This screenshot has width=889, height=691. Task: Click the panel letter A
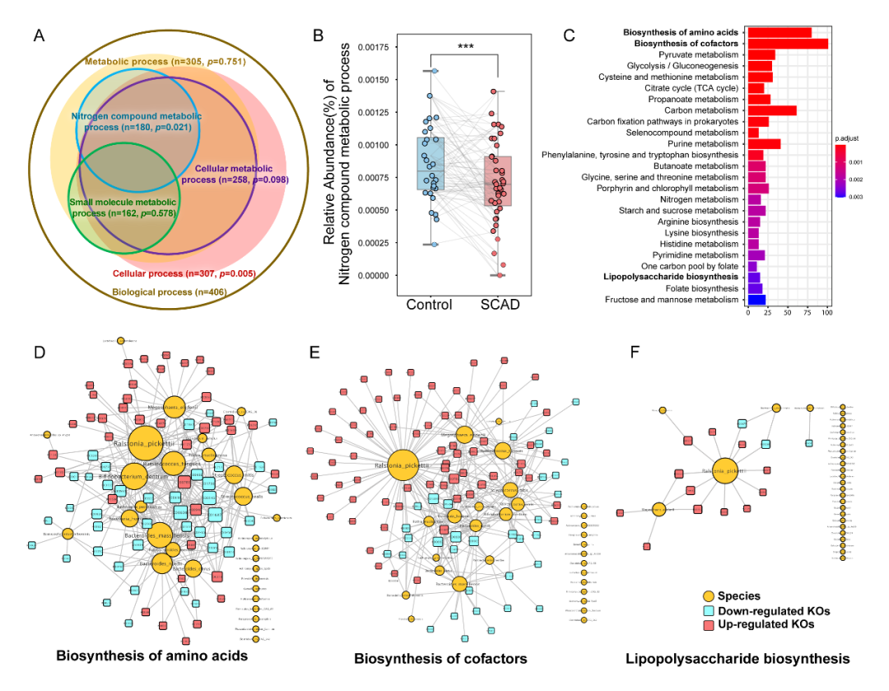pyautogui.click(x=39, y=36)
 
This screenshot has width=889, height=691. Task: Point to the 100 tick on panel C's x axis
pyautogui.click(x=826, y=313)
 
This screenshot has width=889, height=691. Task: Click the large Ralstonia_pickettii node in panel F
pyautogui.click(x=724, y=473)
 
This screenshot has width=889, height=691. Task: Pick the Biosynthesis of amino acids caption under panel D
pyautogui.click(x=151, y=657)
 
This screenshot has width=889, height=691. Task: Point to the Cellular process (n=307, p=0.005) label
pyautogui.click(x=184, y=273)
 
